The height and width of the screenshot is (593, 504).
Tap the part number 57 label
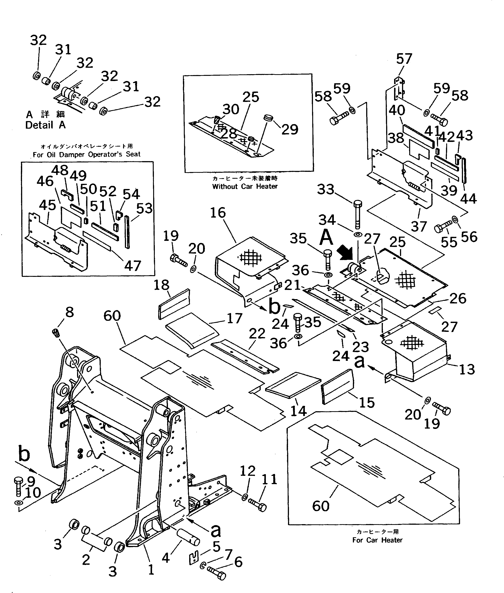point(404,59)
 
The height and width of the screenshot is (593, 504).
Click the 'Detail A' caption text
point(45,125)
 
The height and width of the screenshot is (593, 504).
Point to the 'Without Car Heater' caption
point(245,186)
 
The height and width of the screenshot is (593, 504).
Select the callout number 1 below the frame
point(151,570)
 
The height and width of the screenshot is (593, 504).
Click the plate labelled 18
point(174,304)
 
